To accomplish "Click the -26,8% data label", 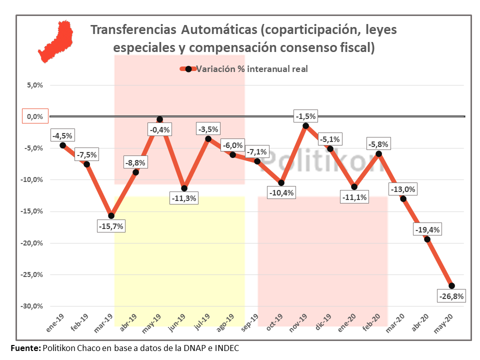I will click(452, 296).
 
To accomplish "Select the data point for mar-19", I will click(111, 216).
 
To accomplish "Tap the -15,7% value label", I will click(111, 226).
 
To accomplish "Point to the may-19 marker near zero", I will click(159, 119).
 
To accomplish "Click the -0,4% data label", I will click(159, 130).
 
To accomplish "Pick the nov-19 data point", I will click(305, 126).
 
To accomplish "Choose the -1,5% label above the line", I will click(305, 116).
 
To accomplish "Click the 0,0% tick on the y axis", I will click(34, 116).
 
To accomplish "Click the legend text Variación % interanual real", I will click(251, 69).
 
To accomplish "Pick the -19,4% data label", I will click(427, 230).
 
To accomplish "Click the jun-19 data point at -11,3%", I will click(184, 188).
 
